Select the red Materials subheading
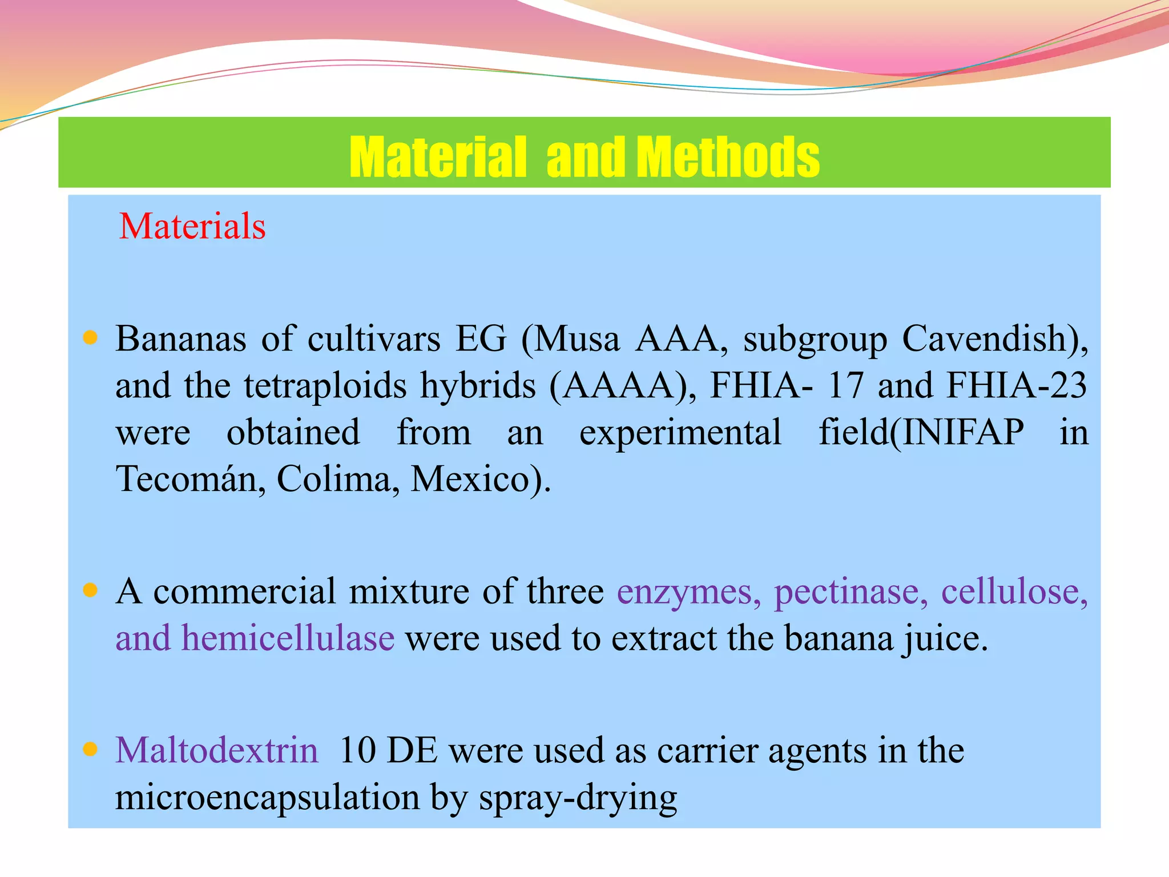[x=192, y=226]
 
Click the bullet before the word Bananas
[x=90, y=337]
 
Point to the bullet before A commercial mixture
[x=90, y=590]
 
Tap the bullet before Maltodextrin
[x=90, y=749]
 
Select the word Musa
[x=577, y=339]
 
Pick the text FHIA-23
[x=1017, y=385]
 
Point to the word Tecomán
[x=191, y=478]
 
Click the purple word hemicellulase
[x=288, y=638]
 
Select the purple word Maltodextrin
[x=217, y=750]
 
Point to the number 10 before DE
[x=357, y=750]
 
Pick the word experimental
[x=680, y=433]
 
